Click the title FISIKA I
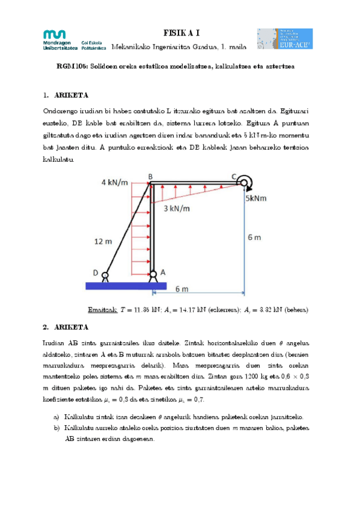coord(181,33)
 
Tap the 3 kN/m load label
coord(176,209)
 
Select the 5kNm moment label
coord(257,197)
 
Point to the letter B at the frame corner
coord(151,176)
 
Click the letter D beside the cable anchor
coord(96,272)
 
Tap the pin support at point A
coord(153,275)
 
